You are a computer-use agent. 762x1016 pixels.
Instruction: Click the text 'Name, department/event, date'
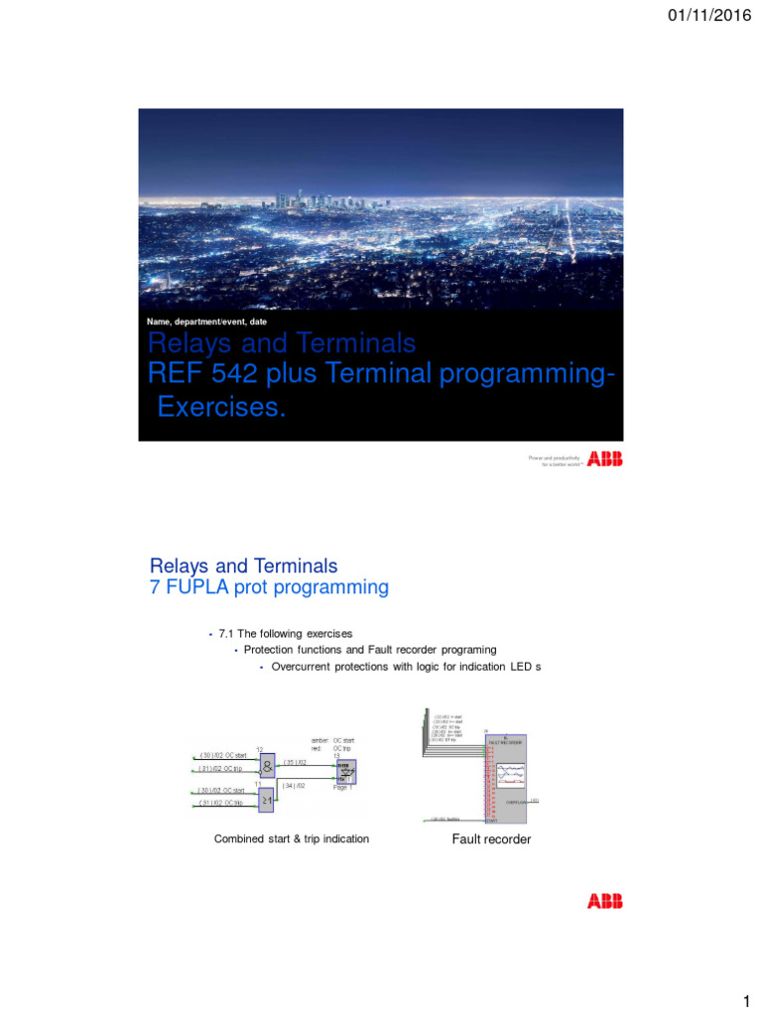pyautogui.click(x=206, y=321)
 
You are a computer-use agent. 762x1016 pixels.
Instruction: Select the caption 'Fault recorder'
pyautogui.click(x=492, y=839)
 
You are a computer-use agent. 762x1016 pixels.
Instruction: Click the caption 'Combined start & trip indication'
pyautogui.click(x=292, y=839)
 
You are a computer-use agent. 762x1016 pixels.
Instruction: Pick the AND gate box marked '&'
pyautogui.click(x=266, y=764)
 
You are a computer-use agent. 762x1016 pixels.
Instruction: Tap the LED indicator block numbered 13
pyautogui.click(x=347, y=771)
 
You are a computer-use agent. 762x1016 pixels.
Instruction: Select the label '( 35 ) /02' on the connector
pyautogui.click(x=297, y=761)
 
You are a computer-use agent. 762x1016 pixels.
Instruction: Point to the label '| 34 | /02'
pyautogui.click(x=294, y=785)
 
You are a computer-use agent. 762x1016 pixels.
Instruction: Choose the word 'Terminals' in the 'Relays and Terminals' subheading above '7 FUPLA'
pyautogui.click(x=294, y=567)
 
